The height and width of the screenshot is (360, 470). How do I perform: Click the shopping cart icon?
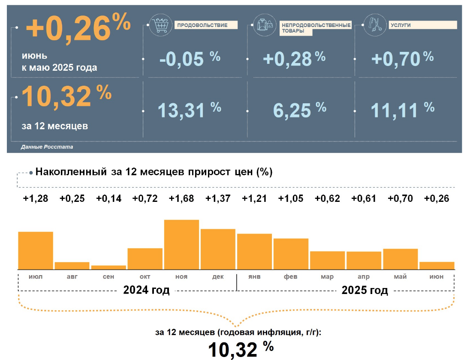159,26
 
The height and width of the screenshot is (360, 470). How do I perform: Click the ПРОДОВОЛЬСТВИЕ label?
205,25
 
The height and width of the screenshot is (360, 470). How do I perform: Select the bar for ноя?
181,244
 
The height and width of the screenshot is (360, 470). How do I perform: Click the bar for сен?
108,267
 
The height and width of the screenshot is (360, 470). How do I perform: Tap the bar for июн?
437,265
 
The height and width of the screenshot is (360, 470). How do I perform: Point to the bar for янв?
254,251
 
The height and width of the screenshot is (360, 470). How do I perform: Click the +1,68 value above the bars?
181,198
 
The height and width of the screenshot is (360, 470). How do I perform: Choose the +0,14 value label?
108,198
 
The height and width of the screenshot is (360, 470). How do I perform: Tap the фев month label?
291,277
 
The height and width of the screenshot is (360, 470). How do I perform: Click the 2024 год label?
146,290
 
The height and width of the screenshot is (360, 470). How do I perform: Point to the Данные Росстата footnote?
47,147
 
